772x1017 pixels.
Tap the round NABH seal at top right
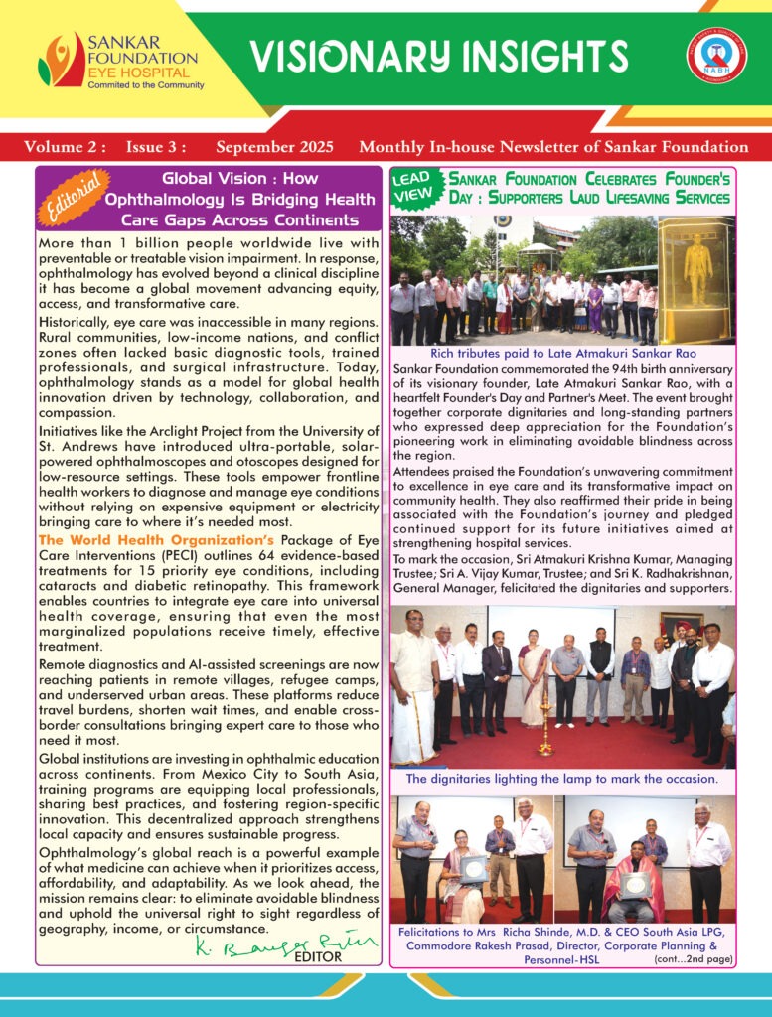(716, 57)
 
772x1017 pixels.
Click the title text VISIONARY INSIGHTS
(438, 57)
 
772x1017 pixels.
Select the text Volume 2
(65, 147)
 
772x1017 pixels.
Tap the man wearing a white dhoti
(414, 685)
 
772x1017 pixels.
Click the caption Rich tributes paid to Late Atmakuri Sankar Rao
(563, 353)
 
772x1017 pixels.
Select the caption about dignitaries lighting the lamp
(562, 780)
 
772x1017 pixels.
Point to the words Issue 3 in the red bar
(155, 147)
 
